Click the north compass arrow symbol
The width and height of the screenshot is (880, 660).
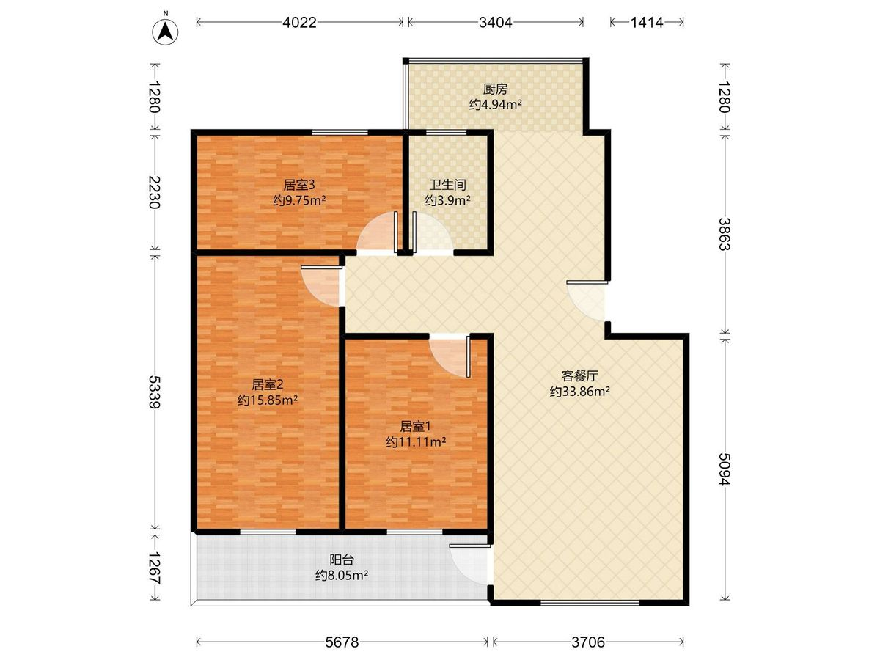coord(165,32)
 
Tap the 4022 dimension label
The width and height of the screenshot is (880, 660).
coord(299,23)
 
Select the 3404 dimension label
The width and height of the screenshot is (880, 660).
coord(496,23)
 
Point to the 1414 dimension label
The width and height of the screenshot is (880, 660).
coord(647,23)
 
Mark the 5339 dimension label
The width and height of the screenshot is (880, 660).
coord(155,392)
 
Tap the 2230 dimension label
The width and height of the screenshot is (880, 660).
coord(155,192)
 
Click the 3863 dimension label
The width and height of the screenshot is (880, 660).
coord(725,234)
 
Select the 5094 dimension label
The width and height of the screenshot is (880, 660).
coord(725,469)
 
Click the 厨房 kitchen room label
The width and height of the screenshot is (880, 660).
coord(496,89)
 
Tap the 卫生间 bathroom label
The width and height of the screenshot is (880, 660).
coord(448,185)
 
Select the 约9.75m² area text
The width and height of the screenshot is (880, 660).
coord(299,200)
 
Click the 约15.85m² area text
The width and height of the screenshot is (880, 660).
coord(268,400)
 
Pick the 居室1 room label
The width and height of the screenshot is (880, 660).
coord(415,426)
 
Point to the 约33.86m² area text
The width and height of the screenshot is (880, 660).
coord(580,391)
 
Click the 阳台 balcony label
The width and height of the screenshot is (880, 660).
coord(342,560)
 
